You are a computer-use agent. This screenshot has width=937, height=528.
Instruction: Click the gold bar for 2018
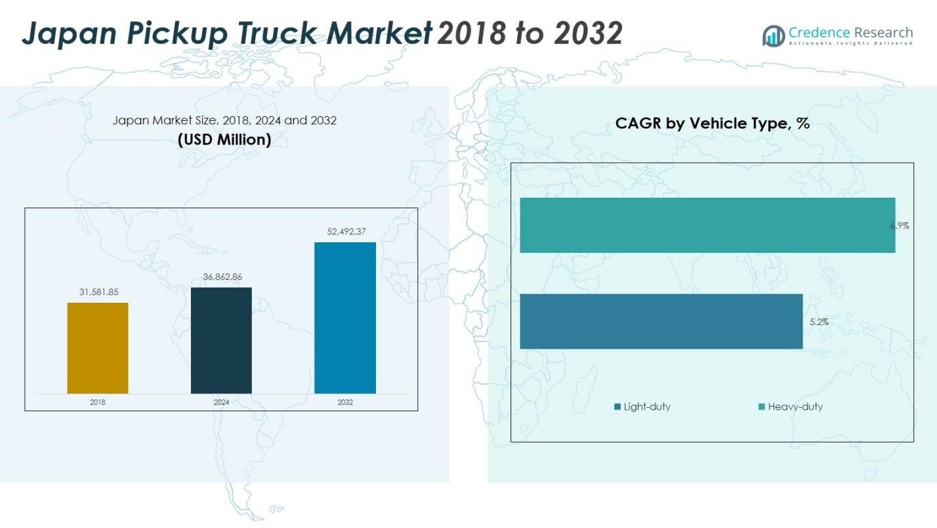coord(98,348)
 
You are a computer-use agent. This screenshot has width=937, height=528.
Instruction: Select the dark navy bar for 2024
coord(221,340)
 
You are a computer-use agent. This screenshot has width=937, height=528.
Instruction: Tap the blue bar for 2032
coord(345,318)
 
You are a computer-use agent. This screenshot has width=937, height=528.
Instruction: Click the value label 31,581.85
coord(99,292)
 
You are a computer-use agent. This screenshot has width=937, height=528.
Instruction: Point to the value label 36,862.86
coord(222,276)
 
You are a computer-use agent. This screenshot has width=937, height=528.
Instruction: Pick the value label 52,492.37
coord(346,231)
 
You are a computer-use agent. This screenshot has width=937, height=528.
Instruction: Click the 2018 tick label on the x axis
coord(98,402)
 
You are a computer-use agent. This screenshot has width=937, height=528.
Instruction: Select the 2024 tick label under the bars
coord(221,402)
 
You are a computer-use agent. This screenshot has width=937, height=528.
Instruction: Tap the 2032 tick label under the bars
coord(345,402)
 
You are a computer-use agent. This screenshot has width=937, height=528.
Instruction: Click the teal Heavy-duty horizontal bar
coord(707,225)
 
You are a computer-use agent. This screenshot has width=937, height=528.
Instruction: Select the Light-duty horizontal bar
coord(661,321)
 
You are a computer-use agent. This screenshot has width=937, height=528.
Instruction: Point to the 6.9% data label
coord(900,226)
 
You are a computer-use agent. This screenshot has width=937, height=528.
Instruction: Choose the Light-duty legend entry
coord(642,407)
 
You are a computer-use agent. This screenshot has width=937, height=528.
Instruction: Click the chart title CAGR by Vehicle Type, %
coord(712,123)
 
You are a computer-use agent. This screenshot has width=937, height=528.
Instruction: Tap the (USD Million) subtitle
coord(224,139)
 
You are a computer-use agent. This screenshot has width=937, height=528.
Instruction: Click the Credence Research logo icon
coord(773,35)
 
